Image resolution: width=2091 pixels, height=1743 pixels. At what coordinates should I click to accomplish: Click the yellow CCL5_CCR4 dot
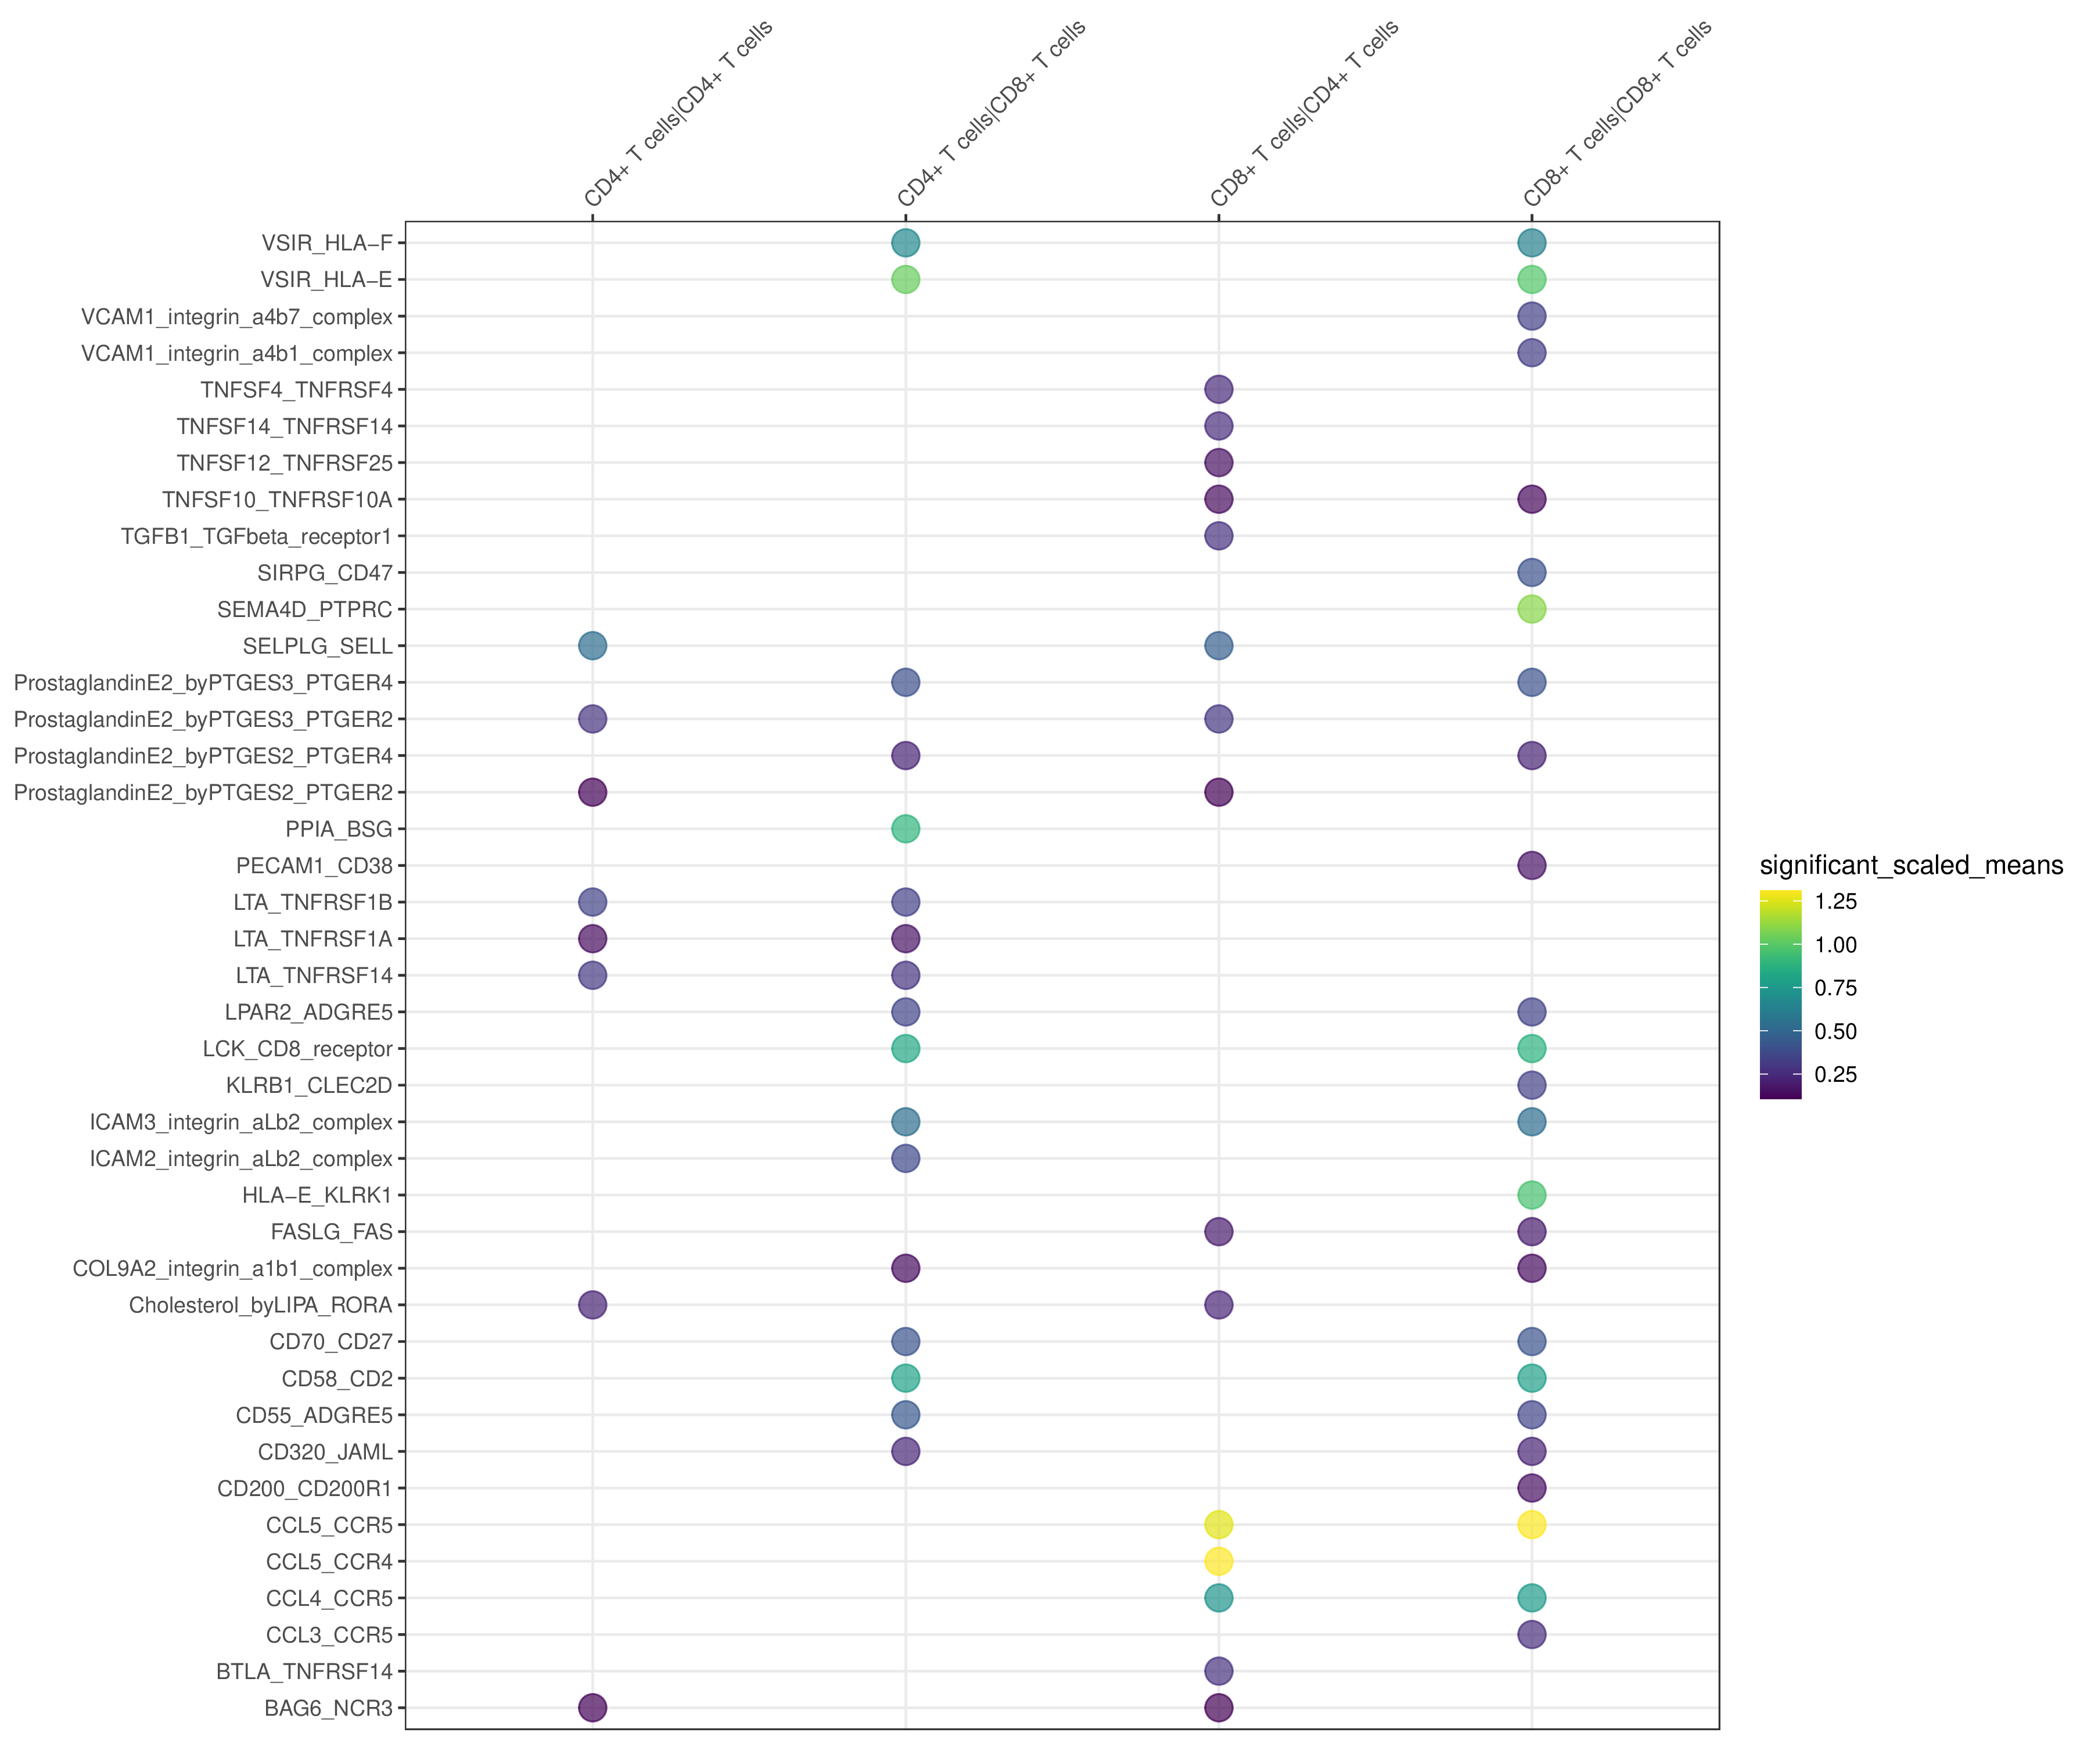pyautogui.click(x=1218, y=1561)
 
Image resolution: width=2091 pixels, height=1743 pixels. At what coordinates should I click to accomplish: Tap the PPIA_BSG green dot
pyautogui.click(x=905, y=829)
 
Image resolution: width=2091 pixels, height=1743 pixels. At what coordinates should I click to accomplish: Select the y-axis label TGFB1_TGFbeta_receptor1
pyautogui.click(x=256, y=536)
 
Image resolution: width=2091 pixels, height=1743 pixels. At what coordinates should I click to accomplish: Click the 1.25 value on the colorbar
pyautogui.click(x=1835, y=901)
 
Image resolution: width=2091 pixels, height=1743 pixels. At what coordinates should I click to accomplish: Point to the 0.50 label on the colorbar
pyautogui.click(x=1835, y=1031)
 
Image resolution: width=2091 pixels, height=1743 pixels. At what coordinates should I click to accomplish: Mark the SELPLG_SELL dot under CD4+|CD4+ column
pyautogui.click(x=592, y=645)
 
